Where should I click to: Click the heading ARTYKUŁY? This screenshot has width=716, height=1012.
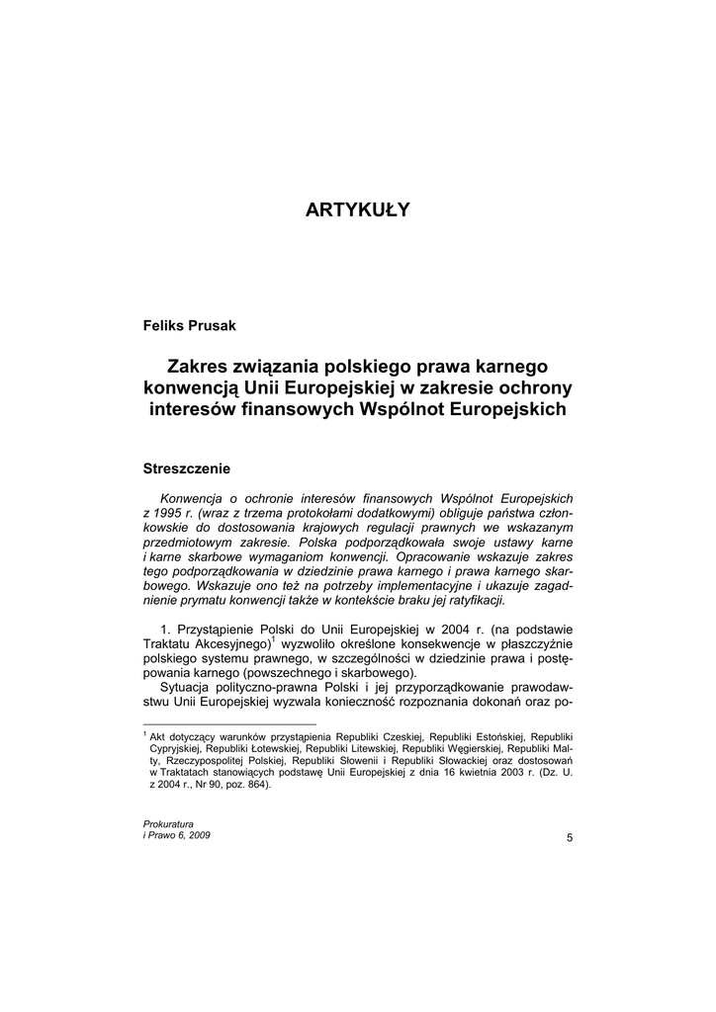(x=357, y=210)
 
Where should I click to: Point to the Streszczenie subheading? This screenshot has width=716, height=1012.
(x=187, y=466)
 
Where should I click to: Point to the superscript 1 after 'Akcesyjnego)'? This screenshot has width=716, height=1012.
(x=273, y=640)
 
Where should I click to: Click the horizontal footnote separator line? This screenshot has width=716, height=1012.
(x=203, y=724)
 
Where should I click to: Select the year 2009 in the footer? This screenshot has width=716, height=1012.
(x=198, y=835)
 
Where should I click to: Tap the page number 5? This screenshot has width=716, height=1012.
(x=569, y=838)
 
